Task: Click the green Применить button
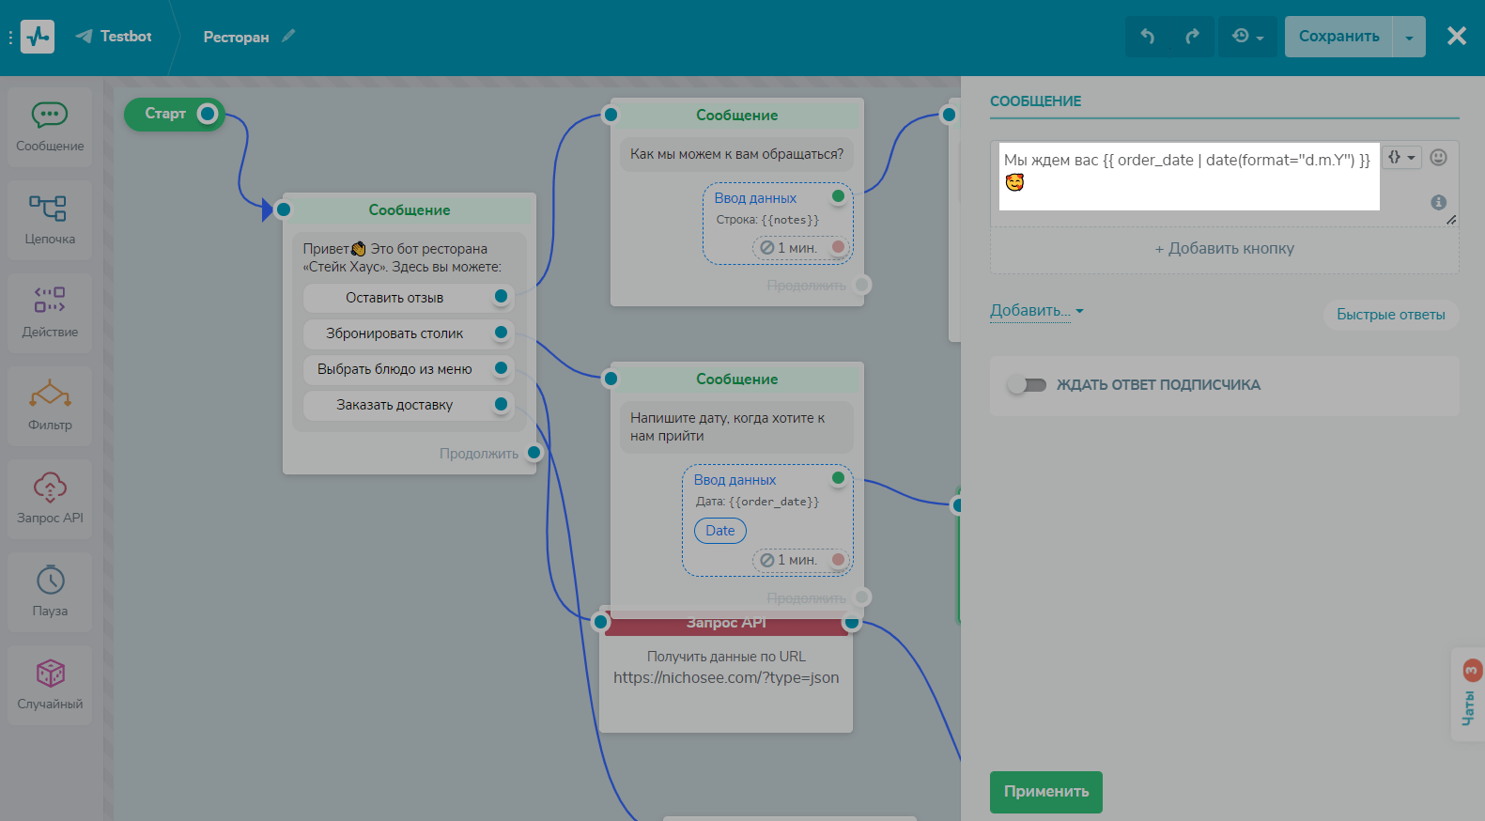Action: tap(1045, 792)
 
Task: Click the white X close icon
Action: tap(1457, 36)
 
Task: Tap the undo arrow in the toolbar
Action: tap(1147, 36)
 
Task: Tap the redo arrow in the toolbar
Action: tap(1192, 36)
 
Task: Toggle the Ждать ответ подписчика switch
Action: tap(1027, 384)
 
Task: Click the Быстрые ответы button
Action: tap(1390, 315)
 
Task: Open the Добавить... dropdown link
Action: tap(1036, 311)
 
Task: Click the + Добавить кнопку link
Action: tap(1224, 249)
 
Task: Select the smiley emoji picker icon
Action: tap(1438, 158)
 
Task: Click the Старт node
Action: tap(166, 114)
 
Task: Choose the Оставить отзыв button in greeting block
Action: tap(394, 298)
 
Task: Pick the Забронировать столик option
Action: tap(394, 333)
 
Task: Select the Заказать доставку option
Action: tap(394, 405)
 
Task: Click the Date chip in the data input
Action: tap(719, 531)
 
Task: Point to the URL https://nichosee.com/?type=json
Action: tap(726, 678)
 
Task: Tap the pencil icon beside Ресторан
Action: tap(288, 36)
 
